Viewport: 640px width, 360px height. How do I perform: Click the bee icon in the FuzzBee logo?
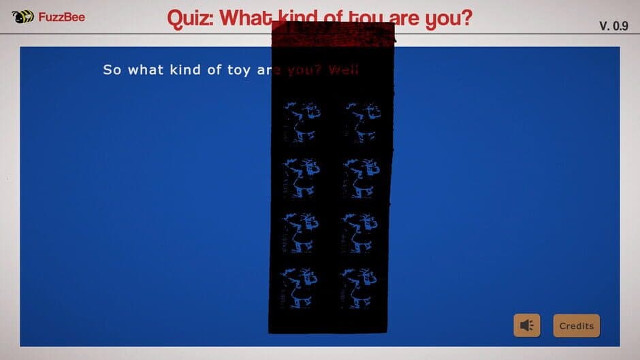[x=23, y=16]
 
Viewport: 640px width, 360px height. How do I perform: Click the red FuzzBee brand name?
[x=62, y=16]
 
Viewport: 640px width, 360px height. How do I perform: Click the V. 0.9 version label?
[x=613, y=26]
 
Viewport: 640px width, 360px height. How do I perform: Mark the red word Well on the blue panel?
[x=344, y=70]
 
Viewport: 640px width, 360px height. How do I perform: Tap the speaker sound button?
[x=526, y=326]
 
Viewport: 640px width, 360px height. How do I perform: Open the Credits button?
[x=576, y=326]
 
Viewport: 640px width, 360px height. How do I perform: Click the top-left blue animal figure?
[x=299, y=122]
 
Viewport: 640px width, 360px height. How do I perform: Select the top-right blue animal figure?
[x=361, y=122]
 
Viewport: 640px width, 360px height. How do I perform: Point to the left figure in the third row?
[x=299, y=232]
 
